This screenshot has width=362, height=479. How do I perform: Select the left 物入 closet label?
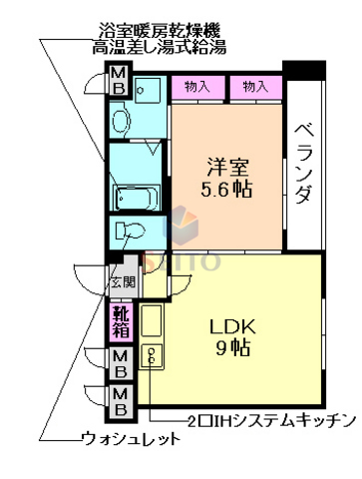[x=195, y=87]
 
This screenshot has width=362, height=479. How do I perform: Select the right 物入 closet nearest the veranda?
[x=255, y=87]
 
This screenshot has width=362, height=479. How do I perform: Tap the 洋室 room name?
[x=225, y=164]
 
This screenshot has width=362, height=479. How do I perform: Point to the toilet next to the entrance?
[x=130, y=233]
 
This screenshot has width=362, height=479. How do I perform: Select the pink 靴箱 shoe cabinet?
[x=119, y=321]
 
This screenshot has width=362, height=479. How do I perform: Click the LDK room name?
[x=233, y=326]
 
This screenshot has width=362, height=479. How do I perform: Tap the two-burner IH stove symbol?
[x=153, y=355]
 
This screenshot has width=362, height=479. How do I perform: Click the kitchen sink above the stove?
[x=153, y=319]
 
